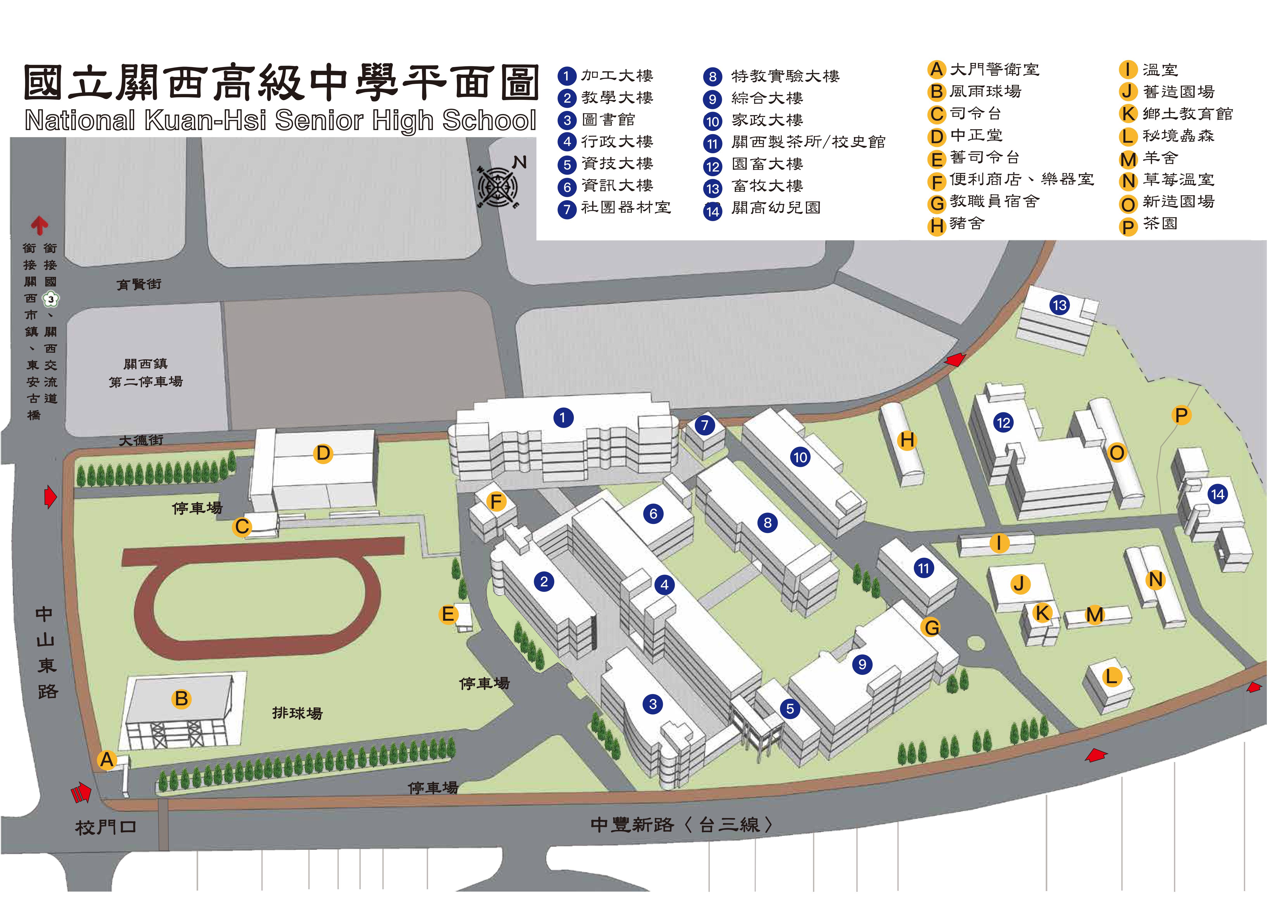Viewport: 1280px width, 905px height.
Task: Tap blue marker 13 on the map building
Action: click(1060, 305)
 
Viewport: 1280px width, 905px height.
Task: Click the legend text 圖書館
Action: click(608, 120)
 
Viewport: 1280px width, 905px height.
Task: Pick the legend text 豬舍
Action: click(968, 223)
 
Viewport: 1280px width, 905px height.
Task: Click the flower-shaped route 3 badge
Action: click(51, 299)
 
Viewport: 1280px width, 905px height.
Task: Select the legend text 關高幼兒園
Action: click(776, 208)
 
